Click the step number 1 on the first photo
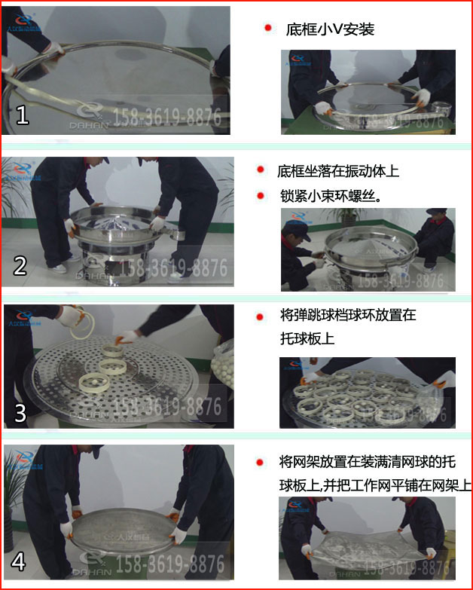coord(22,114)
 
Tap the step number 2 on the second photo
coord(20,264)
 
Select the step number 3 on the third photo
coord(20,412)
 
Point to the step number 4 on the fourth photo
coord(20,562)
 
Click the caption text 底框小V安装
coord(330,29)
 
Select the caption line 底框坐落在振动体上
coord(338,171)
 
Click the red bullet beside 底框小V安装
coord(267,29)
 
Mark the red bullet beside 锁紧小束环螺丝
coord(260,195)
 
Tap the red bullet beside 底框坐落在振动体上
coord(260,171)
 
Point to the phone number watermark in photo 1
coord(166,118)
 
